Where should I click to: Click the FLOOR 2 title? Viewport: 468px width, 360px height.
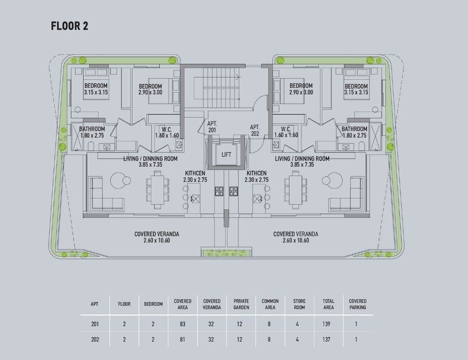(69, 26)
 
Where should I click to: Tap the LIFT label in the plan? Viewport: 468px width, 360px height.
(226, 155)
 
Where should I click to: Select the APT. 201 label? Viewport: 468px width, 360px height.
(212, 127)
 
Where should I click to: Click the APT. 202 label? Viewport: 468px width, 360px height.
(255, 130)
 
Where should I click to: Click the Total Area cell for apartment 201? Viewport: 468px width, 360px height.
(326, 324)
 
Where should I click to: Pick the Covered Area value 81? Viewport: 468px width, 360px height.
(182, 339)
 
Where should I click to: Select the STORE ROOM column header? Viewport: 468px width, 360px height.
(299, 304)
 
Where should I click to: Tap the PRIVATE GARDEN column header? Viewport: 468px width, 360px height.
(241, 304)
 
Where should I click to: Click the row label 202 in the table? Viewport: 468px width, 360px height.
(95, 339)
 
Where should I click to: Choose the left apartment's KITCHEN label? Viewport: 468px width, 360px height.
(195, 173)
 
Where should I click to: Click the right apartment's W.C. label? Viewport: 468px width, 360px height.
(286, 129)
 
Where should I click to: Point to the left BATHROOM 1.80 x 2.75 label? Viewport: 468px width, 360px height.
(92, 132)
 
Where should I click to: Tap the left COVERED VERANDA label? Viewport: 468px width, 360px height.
(157, 237)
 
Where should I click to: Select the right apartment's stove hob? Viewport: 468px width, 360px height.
(234, 191)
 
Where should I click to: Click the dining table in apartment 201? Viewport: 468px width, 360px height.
(158, 190)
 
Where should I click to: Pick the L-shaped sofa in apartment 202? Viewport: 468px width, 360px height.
(346, 194)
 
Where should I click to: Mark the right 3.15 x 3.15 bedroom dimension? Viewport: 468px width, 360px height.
(356, 92)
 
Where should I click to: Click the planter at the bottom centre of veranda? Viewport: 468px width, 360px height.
(226, 252)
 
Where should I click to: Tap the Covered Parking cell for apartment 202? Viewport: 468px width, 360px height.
(356, 339)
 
